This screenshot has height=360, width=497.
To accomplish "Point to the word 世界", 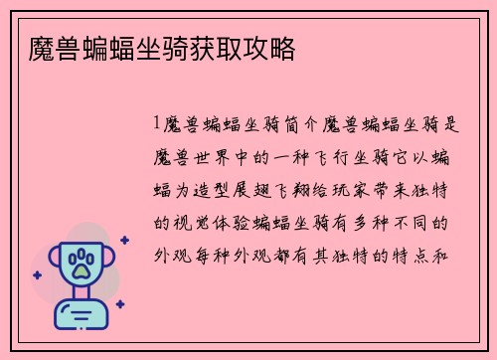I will tap(218, 157).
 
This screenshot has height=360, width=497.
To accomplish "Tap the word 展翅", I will tap(259, 189).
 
